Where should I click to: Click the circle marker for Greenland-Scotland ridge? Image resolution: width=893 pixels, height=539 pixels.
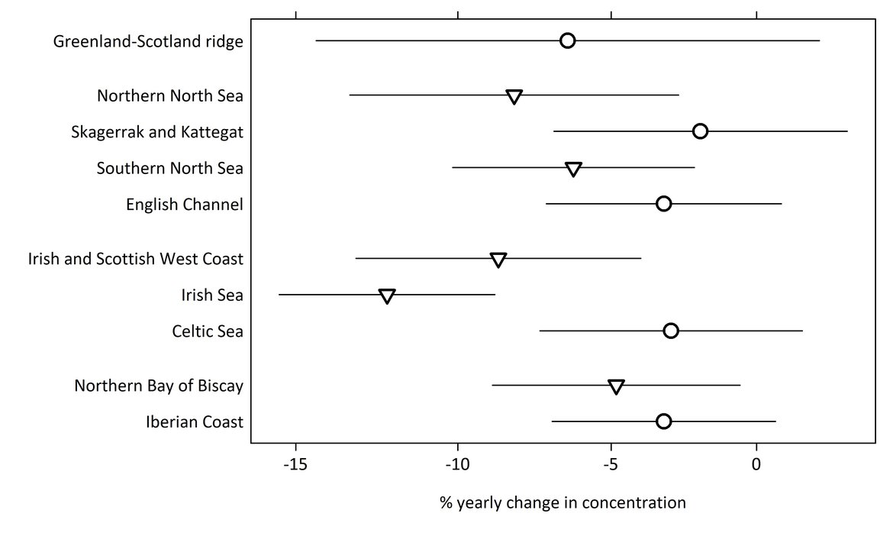coord(567,40)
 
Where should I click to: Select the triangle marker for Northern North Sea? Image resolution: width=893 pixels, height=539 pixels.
coord(514,96)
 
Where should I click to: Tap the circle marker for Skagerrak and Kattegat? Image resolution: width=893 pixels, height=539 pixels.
coord(700,131)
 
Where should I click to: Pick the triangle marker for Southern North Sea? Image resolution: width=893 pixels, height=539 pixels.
coord(573,169)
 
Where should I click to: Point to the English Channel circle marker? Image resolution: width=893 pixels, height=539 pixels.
coord(663,204)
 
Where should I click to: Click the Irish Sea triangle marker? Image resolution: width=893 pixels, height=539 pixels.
coord(387,295)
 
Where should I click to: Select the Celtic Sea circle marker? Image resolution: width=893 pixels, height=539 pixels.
coord(671,331)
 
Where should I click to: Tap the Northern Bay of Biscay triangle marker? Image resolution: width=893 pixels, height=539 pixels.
coord(616,386)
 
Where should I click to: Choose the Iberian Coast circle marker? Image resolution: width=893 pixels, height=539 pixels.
coord(663,421)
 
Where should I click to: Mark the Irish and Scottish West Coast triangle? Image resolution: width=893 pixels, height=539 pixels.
coord(498,260)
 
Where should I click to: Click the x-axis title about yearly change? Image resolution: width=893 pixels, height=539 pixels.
coord(563,503)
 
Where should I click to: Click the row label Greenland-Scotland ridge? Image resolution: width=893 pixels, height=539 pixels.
coord(148,41)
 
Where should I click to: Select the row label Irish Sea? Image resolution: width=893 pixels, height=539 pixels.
coord(212,295)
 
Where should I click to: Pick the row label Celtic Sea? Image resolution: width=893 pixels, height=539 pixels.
coord(208,331)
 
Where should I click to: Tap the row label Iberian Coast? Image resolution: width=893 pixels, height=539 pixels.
coord(194,422)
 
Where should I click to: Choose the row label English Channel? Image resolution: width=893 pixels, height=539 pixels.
coord(185,205)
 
